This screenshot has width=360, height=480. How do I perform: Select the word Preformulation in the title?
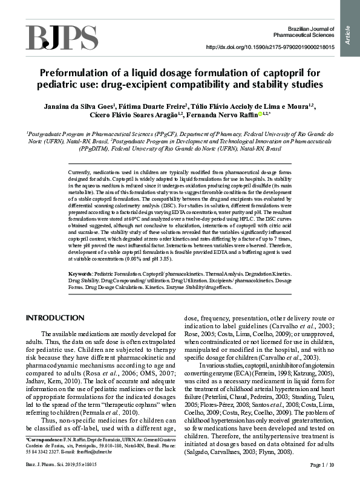coord(78,72)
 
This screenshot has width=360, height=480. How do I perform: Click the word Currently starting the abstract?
coord(81,173)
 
